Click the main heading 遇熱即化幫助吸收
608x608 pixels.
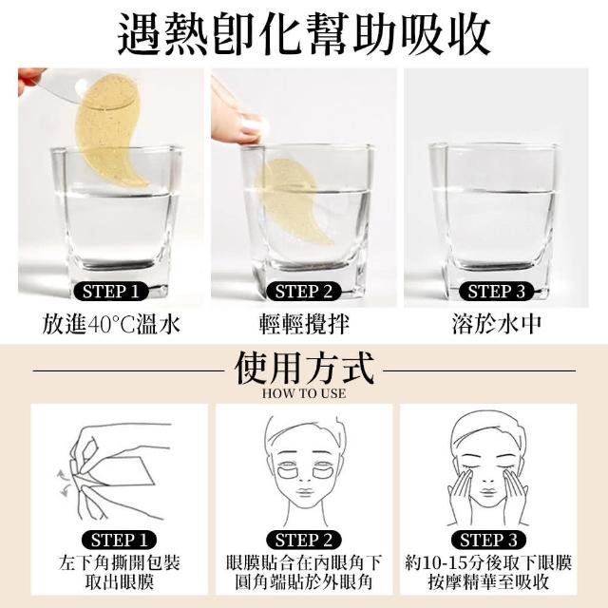pos(304,34)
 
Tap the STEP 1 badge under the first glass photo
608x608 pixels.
pos(111,292)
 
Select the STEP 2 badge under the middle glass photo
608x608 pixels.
pos(304,292)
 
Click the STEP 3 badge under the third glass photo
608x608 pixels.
pos(496,292)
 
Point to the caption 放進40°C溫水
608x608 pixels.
pos(111,325)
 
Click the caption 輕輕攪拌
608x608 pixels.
pos(304,325)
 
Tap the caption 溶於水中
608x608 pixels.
pos(496,325)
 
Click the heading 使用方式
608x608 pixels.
pos(304,368)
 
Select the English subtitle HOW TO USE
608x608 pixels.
pos(304,393)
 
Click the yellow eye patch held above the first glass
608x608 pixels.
pos(111,130)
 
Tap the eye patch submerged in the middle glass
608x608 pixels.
pos(294,199)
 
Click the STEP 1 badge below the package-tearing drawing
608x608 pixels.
pos(120,540)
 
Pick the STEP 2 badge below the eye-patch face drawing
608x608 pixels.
pos(304,540)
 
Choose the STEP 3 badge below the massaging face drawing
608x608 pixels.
pos(488,540)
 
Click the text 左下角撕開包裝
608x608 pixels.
pos(120,563)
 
